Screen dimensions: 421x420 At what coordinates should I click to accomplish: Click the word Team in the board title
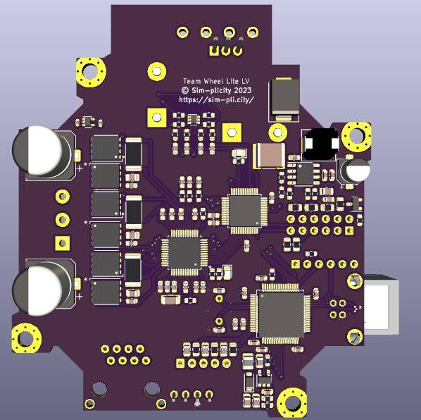click(x=191, y=81)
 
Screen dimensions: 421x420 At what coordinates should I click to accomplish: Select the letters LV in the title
click(x=246, y=81)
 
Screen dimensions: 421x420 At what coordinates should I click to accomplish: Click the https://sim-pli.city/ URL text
click(x=216, y=99)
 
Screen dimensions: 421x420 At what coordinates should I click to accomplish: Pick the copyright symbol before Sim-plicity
click(x=184, y=90)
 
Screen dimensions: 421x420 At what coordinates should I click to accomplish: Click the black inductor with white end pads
click(x=320, y=144)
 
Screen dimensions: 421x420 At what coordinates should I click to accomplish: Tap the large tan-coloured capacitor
click(x=269, y=156)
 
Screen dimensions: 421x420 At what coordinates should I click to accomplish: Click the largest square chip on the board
click(x=281, y=314)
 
